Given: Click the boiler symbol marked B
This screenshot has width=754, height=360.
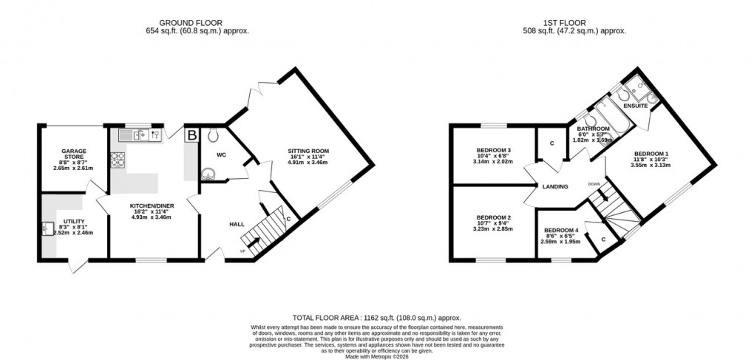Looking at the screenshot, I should (x=191, y=135).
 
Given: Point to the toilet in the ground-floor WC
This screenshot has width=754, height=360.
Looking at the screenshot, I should (x=214, y=135).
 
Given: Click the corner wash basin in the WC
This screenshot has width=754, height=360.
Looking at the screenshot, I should (x=208, y=174).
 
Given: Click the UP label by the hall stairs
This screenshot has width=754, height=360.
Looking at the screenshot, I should (x=242, y=251).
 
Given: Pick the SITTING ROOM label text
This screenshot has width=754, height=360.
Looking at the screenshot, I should (x=308, y=151).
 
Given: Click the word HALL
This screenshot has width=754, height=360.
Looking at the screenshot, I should (x=237, y=224).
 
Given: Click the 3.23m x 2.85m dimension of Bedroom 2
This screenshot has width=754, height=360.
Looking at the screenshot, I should (x=491, y=229).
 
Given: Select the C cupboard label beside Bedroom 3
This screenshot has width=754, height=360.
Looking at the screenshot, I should (x=551, y=143).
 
